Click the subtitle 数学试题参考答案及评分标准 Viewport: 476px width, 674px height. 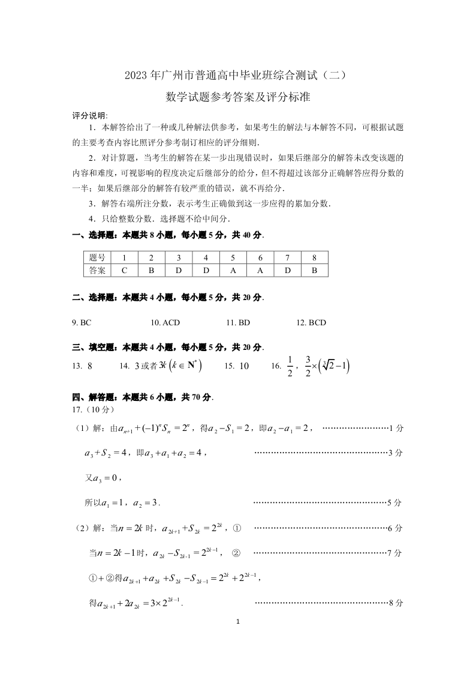coord(237,97)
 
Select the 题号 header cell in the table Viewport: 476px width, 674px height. coord(97,257)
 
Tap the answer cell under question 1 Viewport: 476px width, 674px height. coord(124,270)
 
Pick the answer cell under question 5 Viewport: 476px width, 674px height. coord(233,270)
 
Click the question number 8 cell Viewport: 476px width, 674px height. coord(314,257)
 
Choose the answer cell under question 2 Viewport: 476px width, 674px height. coord(151,270)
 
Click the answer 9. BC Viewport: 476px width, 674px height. coord(82,323)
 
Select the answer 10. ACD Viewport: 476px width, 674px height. coord(165,323)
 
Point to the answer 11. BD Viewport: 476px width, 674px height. coord(238,323)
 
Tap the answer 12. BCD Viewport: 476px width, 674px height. coord(311,323)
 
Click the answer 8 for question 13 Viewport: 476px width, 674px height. coord(89,366)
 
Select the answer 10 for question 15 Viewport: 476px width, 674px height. coord(244,366)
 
